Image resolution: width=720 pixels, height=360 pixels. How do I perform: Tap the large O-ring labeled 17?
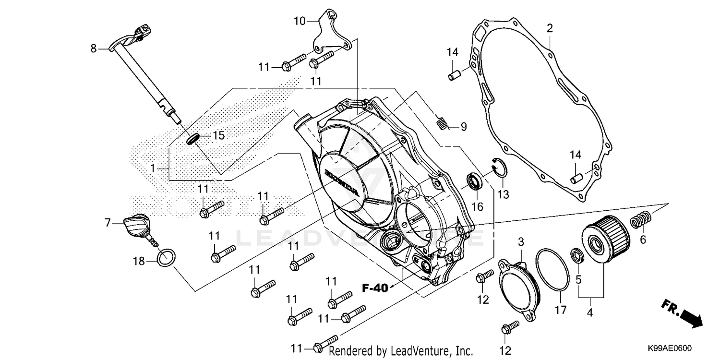(552, 270)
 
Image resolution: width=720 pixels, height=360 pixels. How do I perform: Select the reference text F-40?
(374, 288)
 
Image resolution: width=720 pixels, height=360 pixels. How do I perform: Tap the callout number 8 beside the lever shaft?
(94, 48)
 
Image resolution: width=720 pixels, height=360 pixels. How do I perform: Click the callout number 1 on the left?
(152, 168)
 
